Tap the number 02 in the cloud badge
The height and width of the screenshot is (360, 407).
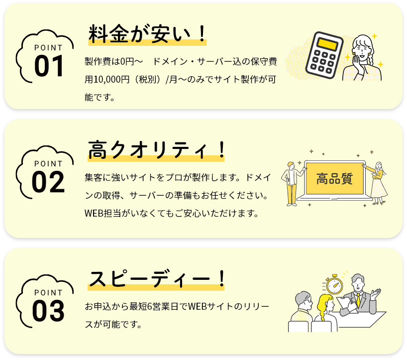tap(49, 183)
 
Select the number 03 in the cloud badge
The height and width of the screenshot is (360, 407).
tap(49, 311)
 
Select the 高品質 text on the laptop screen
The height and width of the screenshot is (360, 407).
tap(334, 178)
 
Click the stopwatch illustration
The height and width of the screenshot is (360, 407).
tap(335, 285)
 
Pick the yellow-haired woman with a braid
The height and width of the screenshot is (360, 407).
tap(325, 311)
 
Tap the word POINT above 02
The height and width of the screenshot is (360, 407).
tap(49, 163)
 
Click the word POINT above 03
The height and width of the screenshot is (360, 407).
tap(49, 292)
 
